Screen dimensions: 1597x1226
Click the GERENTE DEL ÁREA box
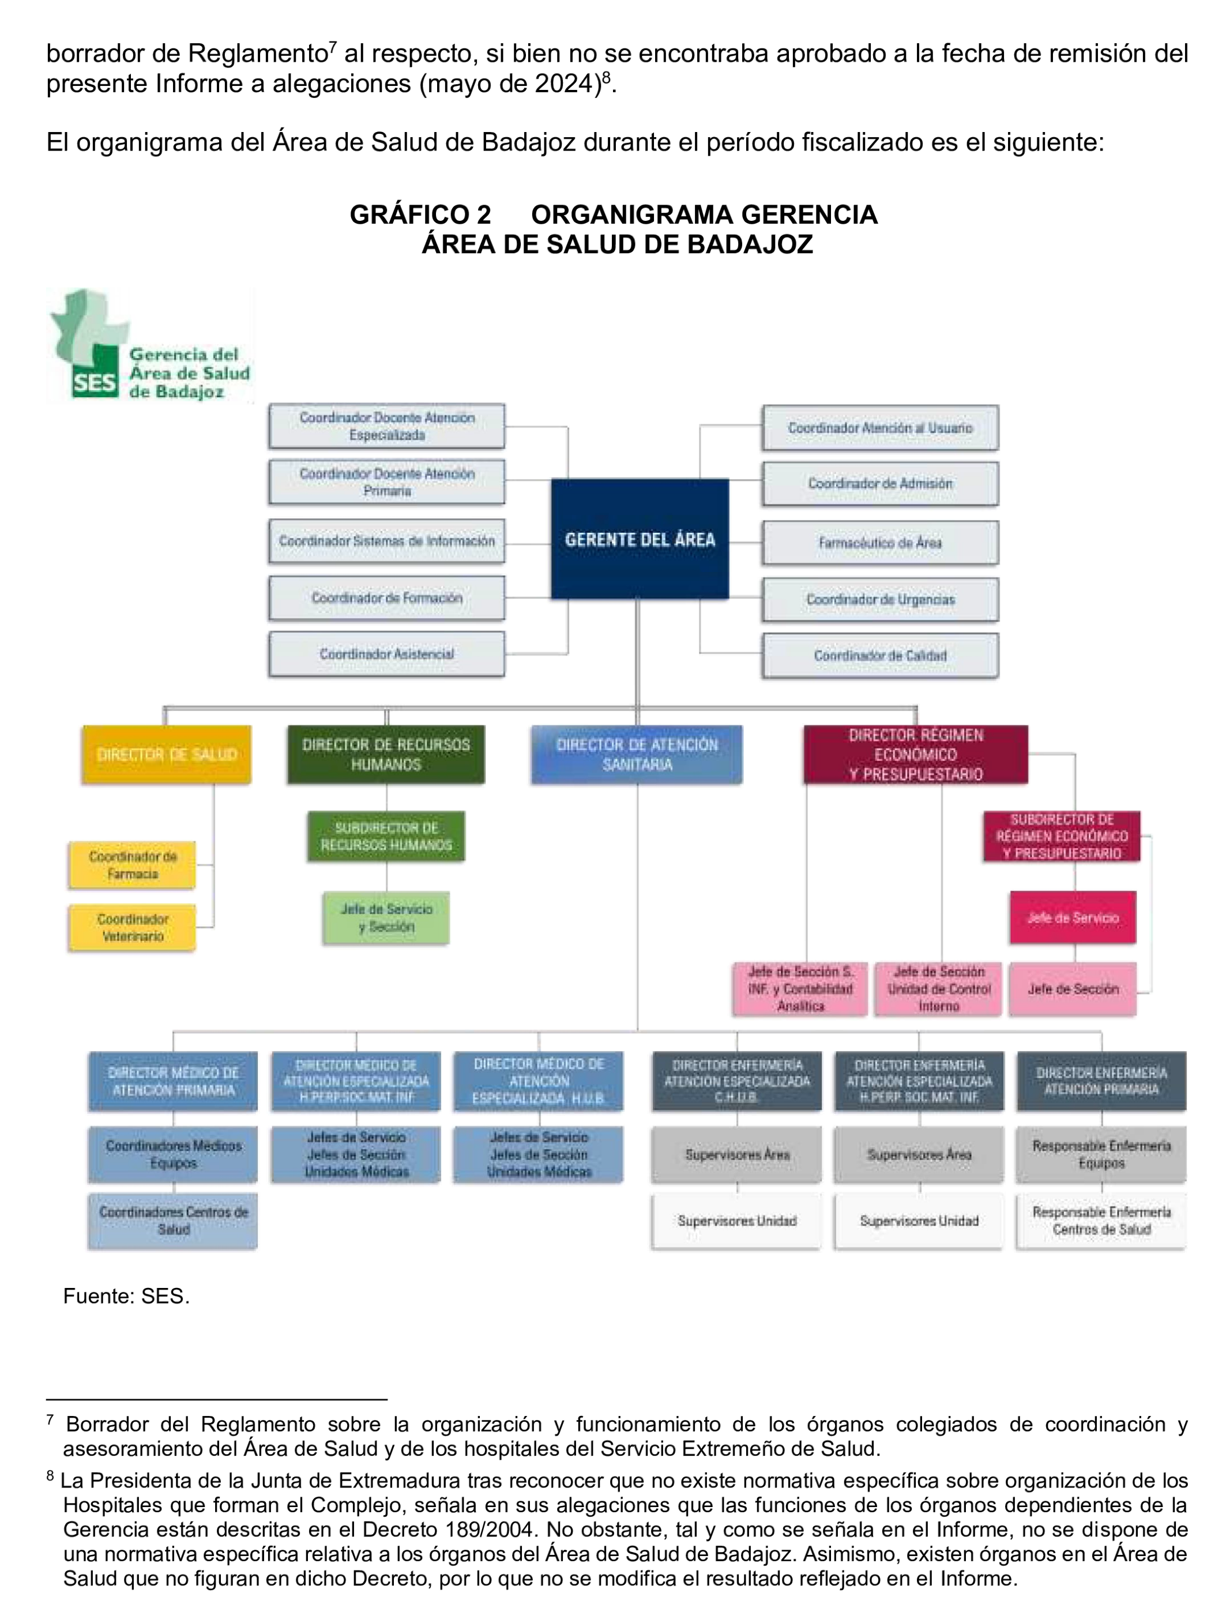pos(640,538)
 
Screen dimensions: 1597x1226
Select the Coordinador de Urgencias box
pos(880,599)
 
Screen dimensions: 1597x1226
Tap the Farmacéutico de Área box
pos(880,542)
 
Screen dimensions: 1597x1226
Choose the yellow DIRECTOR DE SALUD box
pos(167,754)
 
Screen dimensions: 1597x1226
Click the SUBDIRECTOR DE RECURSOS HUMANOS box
pos(386,836)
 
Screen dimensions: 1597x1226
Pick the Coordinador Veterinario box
pos(132,927)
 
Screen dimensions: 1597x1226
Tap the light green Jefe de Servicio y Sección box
pos(386,918)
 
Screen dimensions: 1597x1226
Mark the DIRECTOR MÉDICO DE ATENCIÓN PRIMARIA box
pos(173,1081)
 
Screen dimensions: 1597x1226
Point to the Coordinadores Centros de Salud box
pos(173,1220)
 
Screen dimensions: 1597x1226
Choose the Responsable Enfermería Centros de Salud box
pos(1101,1220)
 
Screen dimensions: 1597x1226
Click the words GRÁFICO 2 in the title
pos(420,214)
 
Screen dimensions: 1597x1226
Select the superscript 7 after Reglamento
pos(333,47)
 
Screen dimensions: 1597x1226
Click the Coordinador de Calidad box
pos(880,655)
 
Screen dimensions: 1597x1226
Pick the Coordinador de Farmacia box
pos(132,865)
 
